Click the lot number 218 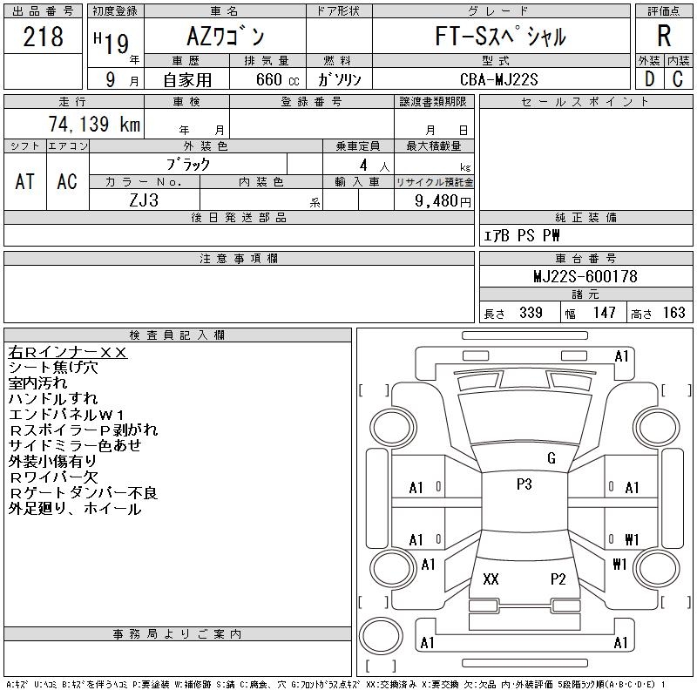coord(44,37)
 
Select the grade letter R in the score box coord(664,37)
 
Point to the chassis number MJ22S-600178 coord(585,277)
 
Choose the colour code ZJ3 coord(144,200)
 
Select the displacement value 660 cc coord(266,79)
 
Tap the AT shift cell coord(25,181)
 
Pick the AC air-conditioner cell coord(67,181)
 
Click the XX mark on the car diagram coord(491,579)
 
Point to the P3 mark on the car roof coord(524,485)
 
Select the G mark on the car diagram coord(552,458)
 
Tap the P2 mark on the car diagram coord(558,579)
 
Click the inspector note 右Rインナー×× coord(68,353)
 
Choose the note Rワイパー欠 coord(53,477)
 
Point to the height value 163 coord(673,313)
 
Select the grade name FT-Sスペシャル coord(501,37)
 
